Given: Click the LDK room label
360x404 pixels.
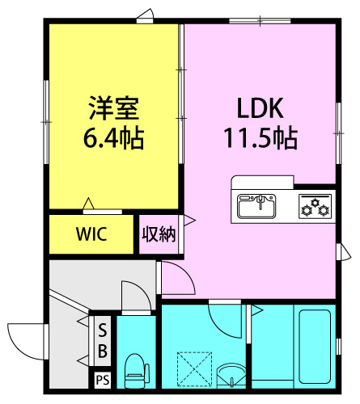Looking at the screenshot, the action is (x=260, y=108).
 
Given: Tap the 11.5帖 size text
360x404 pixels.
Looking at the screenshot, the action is (x=261, y=138).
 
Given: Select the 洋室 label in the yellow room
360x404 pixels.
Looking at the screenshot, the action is (x=114, y=107).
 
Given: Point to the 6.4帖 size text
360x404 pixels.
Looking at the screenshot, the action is (x=113, y=138).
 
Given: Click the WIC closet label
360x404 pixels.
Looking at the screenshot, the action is (x=91, y=234).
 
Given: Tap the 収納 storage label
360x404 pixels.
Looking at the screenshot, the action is (x=159, y=234).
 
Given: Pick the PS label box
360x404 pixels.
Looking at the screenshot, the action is (x=103, y=380).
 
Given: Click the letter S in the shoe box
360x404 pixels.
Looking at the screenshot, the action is (x=103, y=330).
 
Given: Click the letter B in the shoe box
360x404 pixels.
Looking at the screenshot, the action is (x=103, y=351).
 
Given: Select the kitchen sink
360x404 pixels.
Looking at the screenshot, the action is (x=256, y=206).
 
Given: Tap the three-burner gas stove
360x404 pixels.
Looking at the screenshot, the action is (x=315, y=207).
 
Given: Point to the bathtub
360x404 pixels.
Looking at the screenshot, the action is (x=315, y=347).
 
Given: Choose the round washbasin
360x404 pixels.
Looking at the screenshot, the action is (x=231, y=375).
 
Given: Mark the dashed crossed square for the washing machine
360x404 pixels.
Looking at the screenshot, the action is (x=194, y=369).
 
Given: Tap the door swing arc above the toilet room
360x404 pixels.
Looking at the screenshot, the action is (x=140, y=290).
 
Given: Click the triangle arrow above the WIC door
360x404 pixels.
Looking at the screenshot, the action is (x=88, y=204).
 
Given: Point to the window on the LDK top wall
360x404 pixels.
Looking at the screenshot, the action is (x=260, y=21).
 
